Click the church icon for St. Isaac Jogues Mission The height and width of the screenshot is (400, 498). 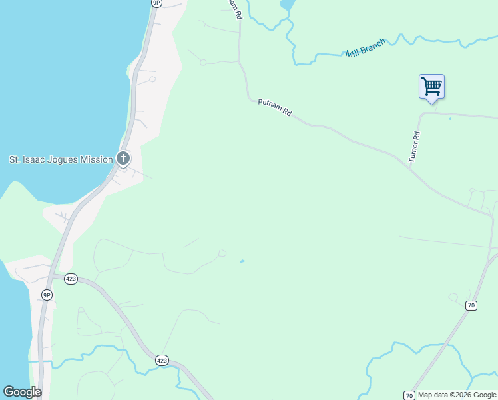123,159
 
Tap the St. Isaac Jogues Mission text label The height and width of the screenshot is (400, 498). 61,159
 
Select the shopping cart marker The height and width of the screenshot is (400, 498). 431,86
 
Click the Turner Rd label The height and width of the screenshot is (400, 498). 414,147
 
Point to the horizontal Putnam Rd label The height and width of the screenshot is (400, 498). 275,108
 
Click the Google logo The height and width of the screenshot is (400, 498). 22,392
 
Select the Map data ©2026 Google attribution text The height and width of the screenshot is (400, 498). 457,395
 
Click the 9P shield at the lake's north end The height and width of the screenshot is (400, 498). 156,3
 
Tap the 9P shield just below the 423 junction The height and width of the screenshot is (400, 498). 47,294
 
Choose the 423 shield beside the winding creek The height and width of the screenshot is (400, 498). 162,360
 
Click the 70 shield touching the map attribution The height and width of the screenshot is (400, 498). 409,395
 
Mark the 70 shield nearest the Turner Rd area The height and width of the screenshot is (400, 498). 471,305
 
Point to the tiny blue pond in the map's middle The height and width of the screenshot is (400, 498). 242,261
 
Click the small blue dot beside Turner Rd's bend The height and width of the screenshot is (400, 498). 450,119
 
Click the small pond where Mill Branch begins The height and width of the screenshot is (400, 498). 287,5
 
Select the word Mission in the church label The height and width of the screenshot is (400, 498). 97,159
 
